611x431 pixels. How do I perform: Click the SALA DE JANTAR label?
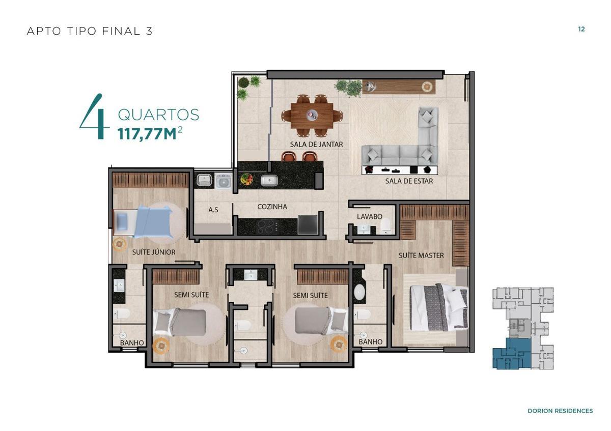[316, 144]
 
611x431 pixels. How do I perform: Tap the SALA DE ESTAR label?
[409, 180]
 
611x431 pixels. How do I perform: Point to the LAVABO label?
[369, 216]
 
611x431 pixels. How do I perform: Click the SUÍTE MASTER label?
[421, 255]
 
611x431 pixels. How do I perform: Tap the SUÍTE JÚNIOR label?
[153, 252]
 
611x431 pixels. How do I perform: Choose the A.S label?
[213, 209]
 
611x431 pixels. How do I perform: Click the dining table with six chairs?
[312, 116]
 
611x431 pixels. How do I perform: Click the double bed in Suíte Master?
[438, 307]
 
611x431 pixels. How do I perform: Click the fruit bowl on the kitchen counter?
[247, 179]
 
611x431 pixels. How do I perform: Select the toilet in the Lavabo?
[387, 224]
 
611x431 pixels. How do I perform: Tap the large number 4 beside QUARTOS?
[95, 118]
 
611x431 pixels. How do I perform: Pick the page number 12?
[581, 29]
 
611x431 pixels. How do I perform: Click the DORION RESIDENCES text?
[560, 411]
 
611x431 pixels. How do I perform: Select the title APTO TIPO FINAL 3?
[90, 31]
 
